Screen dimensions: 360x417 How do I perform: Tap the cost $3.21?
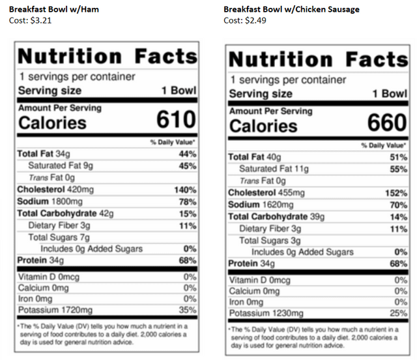[31, 20]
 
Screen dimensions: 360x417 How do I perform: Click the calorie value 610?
[176, 119]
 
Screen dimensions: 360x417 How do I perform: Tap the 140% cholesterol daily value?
[184, 190]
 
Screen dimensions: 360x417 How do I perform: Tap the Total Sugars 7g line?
[59, 237]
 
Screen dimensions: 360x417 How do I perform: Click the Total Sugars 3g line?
[270, 241]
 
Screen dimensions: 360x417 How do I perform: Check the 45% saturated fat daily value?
[188, 166]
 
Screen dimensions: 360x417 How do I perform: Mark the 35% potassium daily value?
[188, 309]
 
